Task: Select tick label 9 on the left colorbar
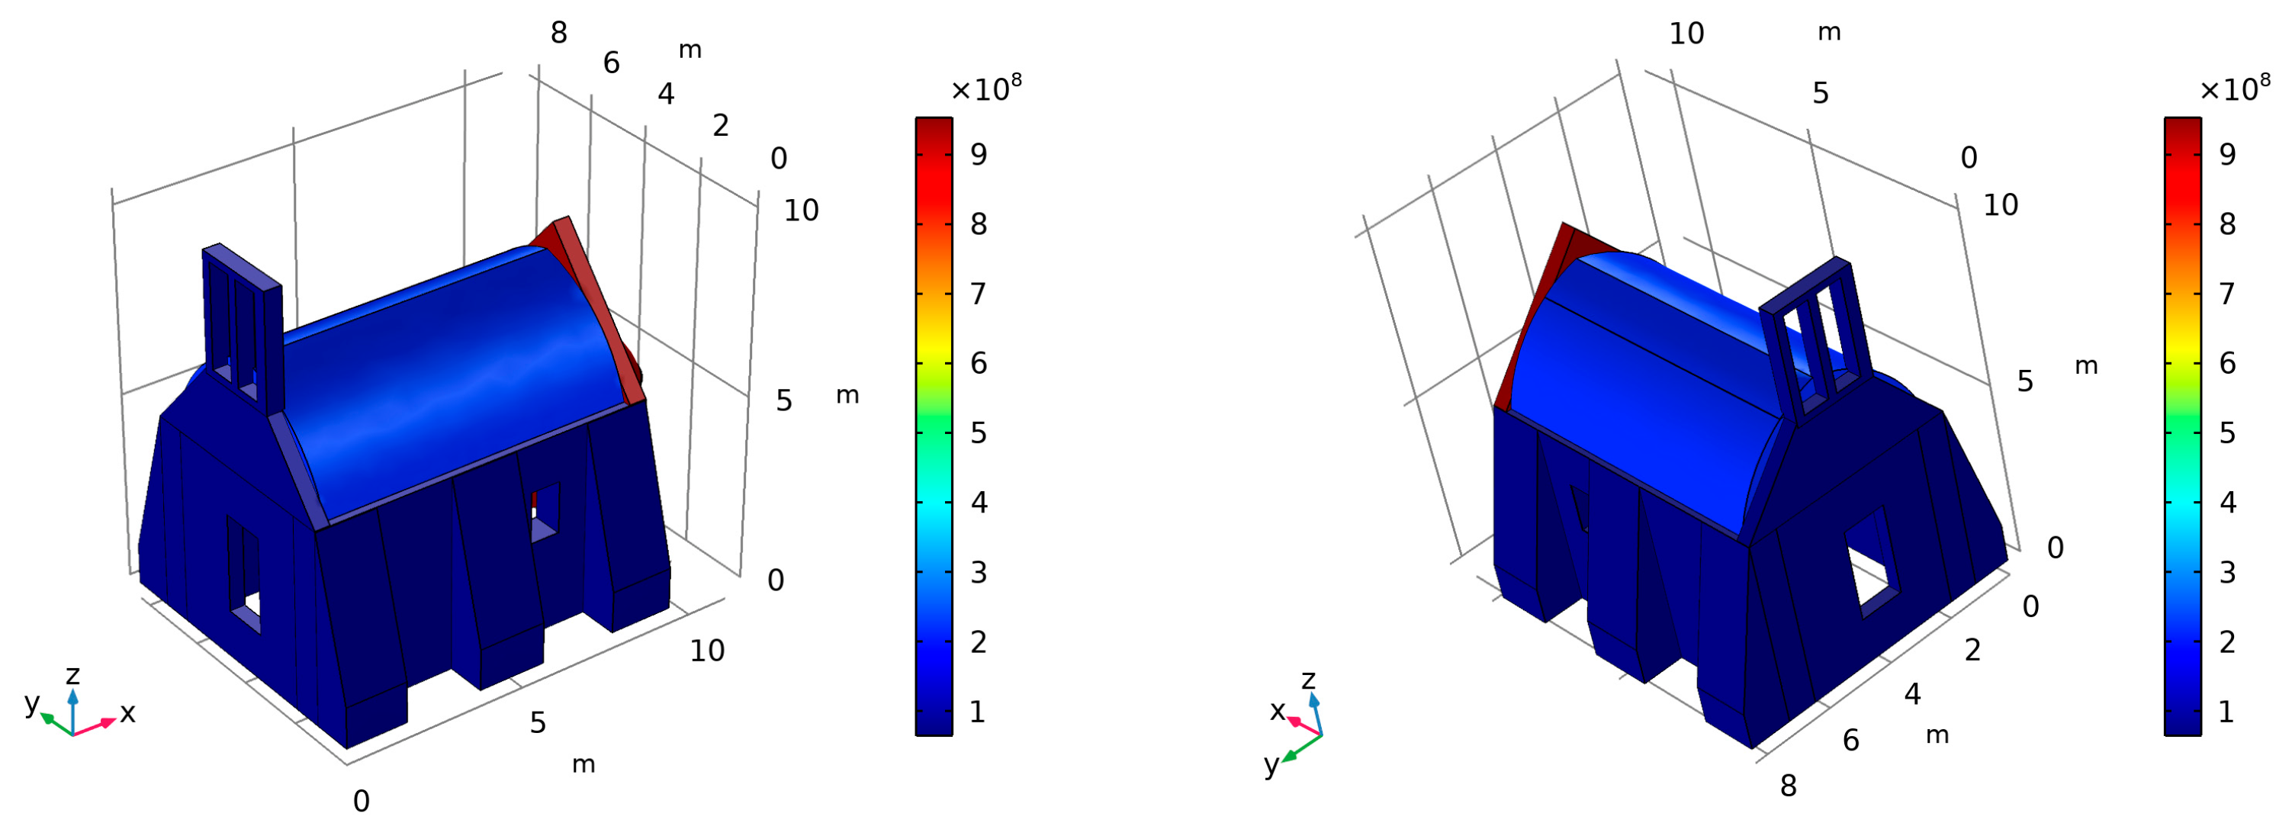[x=979, y=155]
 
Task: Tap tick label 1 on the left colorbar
[x=978, y=712]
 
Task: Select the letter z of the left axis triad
[x=73, y=674]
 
